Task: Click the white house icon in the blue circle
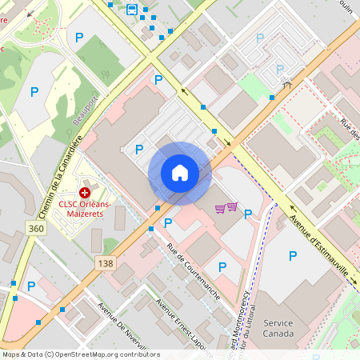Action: click(180, 173)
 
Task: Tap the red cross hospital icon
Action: click(85, 193)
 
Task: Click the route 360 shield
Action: click(36, 229)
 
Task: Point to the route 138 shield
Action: click(105, 262)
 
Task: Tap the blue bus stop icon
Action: click(131, 10)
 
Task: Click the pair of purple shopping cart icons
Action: click(226, 208)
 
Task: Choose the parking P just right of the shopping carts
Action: click(247, 214)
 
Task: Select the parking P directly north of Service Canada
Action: click(292, 255)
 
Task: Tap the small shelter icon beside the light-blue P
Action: click(286, 81)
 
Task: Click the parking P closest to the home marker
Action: click(168, 222)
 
